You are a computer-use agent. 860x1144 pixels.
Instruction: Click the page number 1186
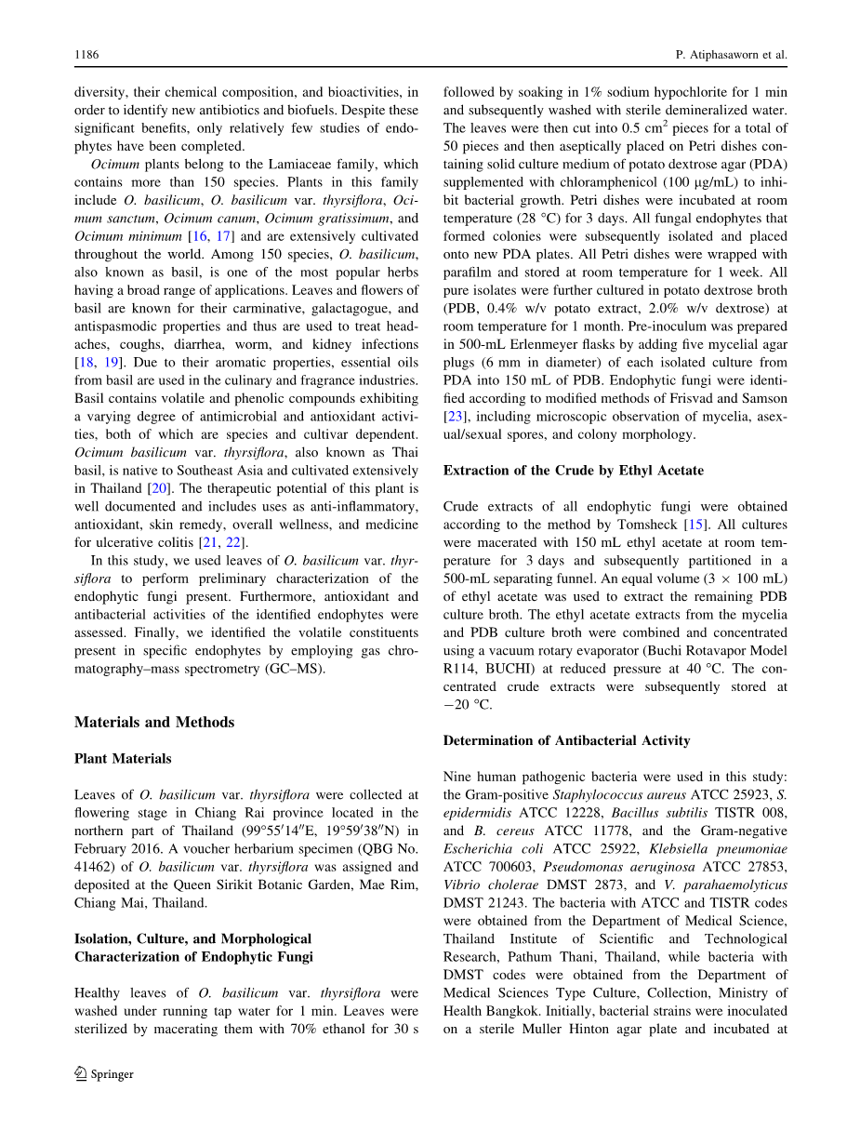tap(86, 55)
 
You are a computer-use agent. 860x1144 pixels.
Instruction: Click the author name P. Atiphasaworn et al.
tap(731, 55)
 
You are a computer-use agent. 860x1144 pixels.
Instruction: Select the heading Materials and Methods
tap(154, 722)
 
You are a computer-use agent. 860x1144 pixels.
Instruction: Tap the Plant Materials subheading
tap(123, 758)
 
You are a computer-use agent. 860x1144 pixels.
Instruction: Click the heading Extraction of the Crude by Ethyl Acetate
tap(573, 470)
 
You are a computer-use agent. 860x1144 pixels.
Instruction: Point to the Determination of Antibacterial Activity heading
tap(566, 740)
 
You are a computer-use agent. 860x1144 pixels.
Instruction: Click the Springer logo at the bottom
tap(104, 1074)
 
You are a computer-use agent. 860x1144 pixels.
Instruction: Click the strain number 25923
tap(731, 794)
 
